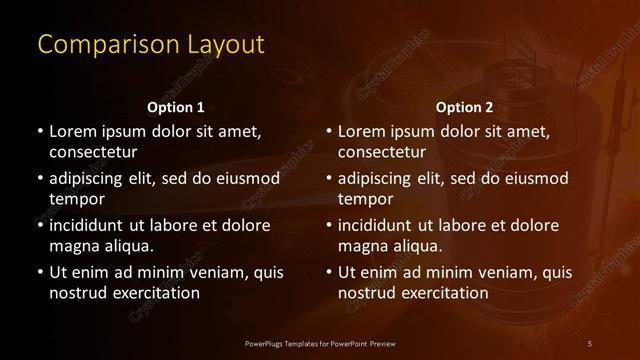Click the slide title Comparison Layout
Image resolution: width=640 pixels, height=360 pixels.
[151, 45]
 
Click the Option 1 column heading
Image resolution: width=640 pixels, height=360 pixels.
[175, 107]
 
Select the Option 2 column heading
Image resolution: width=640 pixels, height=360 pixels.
[465, 107]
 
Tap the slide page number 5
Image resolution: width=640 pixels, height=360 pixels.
[590, 344]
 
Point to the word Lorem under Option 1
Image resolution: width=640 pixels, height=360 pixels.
[73, 131]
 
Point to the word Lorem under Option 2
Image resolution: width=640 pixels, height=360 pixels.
[362, 131]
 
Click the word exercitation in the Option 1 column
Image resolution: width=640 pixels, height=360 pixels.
[153, 293]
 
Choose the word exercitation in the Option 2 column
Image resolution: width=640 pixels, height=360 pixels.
[442, 293]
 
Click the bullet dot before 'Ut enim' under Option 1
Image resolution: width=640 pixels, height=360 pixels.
[39, 272]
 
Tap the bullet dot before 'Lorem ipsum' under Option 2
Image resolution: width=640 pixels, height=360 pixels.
[328, 131]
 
